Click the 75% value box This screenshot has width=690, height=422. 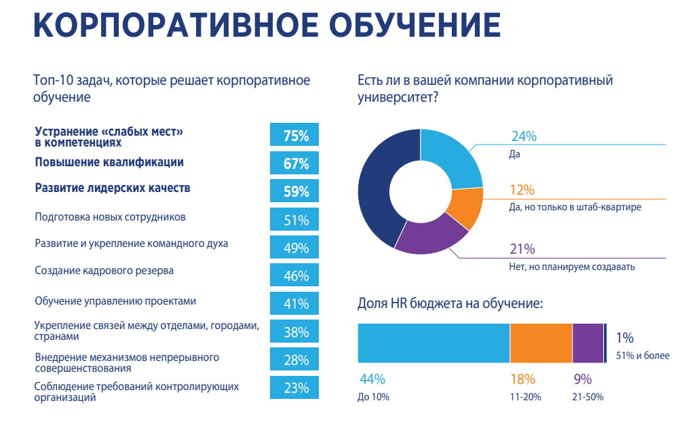pos(295,135)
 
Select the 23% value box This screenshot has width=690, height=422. pos(295,387)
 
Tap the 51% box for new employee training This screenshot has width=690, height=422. pos(295,219)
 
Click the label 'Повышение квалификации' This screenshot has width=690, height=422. pos(109,163)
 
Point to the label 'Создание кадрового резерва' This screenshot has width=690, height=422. pos(104,271)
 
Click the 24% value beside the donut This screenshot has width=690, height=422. pos(523,136)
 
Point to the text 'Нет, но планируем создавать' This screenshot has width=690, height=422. pos(571,267)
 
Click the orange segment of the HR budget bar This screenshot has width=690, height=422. pos(541,343)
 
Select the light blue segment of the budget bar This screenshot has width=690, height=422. pos(434,343)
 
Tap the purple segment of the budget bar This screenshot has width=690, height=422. pos(588,343)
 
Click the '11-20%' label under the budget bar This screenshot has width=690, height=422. pos(524,397)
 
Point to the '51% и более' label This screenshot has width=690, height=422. pos(643,356)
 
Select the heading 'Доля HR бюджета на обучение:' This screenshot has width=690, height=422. pos(450,303)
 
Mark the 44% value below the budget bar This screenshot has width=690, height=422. pos(372,379)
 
